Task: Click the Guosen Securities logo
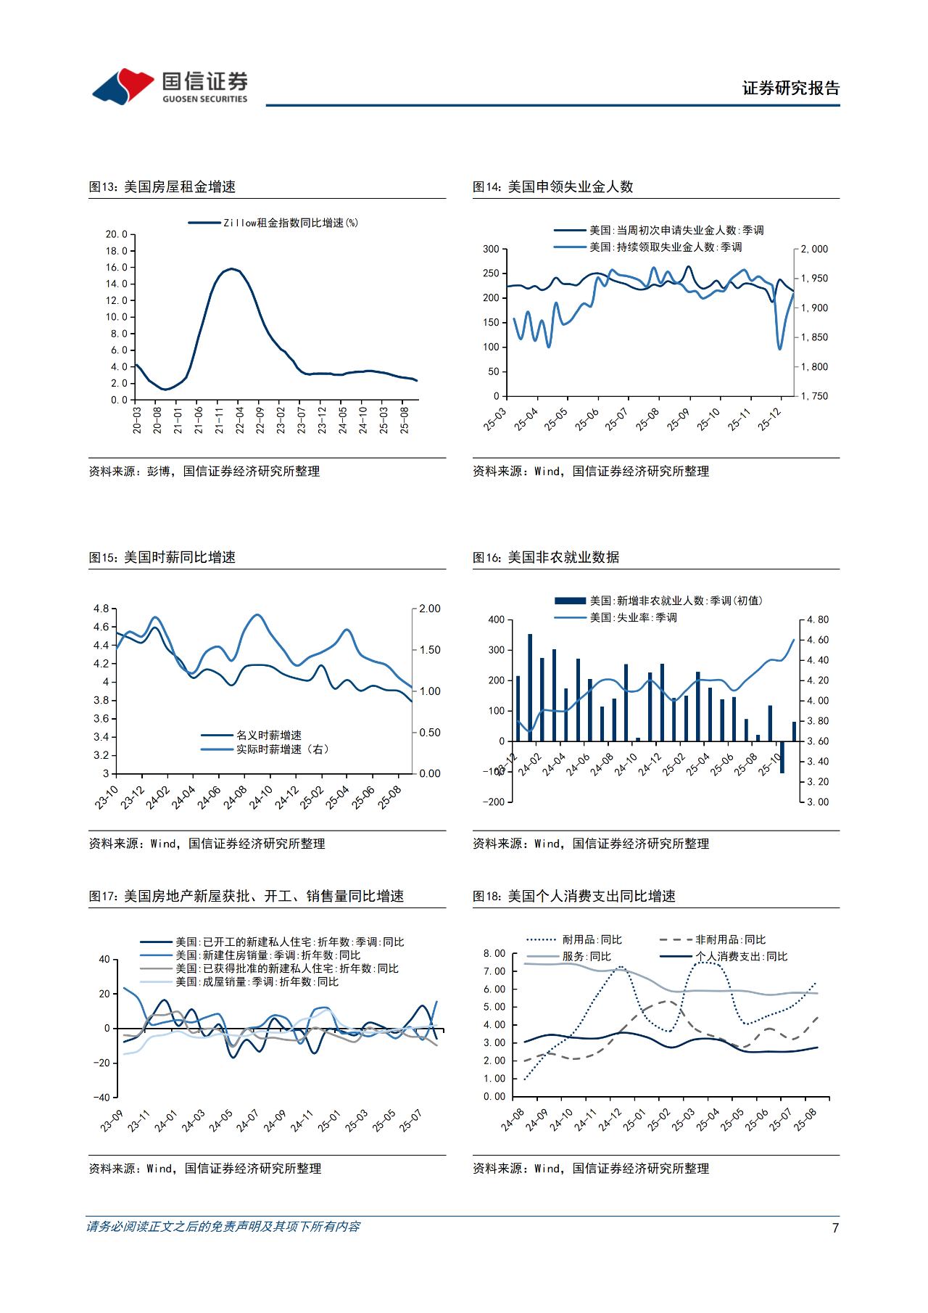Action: [170, 86]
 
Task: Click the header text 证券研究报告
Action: [790, 89]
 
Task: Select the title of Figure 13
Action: [162, 186]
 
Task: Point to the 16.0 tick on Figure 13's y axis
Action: [116, 267]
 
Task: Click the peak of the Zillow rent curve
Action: [231, 269]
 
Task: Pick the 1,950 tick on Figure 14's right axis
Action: [813, 279]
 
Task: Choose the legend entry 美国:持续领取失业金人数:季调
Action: [648, 247]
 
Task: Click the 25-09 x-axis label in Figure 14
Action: [679, 419]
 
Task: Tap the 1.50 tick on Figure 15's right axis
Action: [430, 650]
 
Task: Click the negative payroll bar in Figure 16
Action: [782, 757]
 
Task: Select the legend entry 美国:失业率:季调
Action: [616, 617]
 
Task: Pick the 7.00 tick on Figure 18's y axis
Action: [494, 971]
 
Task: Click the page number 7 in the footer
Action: [835, 1227]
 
